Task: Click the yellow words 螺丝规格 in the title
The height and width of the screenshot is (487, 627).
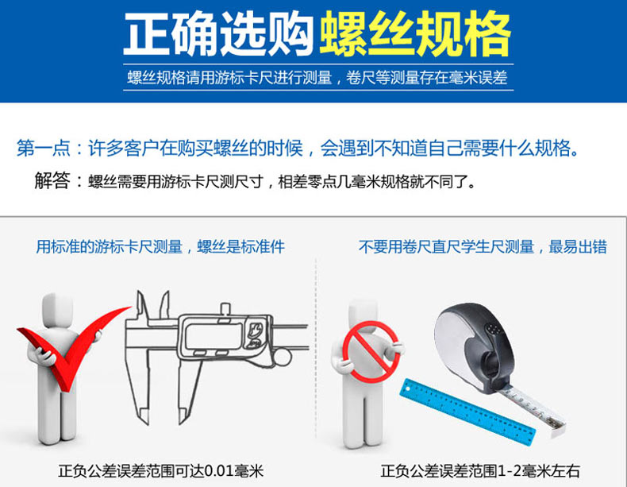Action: (x=415, y=34)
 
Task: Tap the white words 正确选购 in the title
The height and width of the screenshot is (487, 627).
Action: (x=219, y=34)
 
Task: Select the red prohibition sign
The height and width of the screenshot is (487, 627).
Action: (x=371, y=352)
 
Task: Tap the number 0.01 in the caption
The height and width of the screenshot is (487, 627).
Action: (x=220, y=471)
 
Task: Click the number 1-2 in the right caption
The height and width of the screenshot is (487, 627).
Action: (x=510, y=471)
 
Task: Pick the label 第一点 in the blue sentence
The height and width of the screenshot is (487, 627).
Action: (x=43, y=148)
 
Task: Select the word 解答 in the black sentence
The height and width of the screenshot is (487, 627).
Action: (x=52, y=181)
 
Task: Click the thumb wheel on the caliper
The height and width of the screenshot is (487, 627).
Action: (x=282, y=358)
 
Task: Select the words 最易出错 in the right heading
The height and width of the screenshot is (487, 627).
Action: (x=578, y=246)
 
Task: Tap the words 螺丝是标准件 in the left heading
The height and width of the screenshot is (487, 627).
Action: (x=241, y=246)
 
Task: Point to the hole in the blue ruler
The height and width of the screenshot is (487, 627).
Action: (x=408, y=388)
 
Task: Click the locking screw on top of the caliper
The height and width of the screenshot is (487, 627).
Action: (x=226, y=310)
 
